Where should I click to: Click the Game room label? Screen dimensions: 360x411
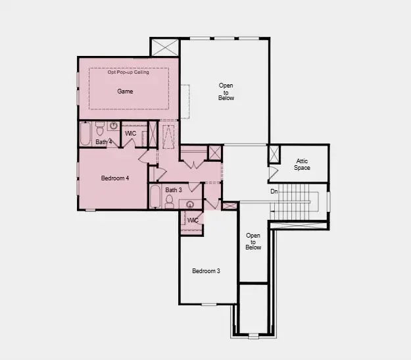(x=125, y=91)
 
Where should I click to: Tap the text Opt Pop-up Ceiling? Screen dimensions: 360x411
(x=128, y=72)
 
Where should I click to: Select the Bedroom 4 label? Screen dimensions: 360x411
(x=115, y=178)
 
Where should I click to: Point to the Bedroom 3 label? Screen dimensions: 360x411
(x=206, y=270)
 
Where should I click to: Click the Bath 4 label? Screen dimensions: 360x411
(x=104, y=141)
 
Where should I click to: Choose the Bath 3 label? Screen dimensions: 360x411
(x=173, y=190)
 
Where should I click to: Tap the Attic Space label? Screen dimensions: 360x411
(x=302, y=164)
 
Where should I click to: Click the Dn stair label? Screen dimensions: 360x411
(x=274, y=192)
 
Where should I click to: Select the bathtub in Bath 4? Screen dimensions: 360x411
(x=85, y=135)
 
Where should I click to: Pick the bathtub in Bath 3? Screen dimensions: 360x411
(x=155, y=197)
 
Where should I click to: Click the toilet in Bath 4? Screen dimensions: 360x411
(x=100, y=126)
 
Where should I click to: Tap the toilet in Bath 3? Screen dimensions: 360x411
(x=170, y=201)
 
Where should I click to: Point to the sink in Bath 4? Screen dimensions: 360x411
(x=113, y=126)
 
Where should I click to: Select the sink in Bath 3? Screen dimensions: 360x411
(x=191, y=205)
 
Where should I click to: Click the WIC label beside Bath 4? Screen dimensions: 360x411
(x=130, y=134)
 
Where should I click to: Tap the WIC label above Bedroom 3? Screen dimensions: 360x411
(x=193, y=220)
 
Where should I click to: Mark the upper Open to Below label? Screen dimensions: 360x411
(x=226, y=91)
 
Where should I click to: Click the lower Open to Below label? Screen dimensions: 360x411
(x=253, y=242)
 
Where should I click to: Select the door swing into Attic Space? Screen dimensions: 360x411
(x=273, y=174)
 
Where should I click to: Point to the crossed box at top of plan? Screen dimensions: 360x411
(x=164, y=48)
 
